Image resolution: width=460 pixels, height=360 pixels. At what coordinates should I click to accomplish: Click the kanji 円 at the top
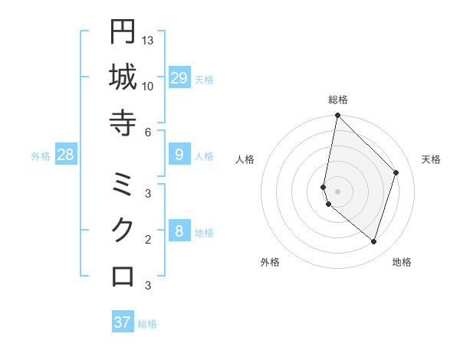point(123,32)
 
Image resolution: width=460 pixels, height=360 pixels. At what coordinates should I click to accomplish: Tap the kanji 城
point(123,77)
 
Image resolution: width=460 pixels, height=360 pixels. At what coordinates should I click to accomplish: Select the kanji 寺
point(123,123)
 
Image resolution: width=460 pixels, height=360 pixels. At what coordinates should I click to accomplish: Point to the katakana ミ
point(123,185)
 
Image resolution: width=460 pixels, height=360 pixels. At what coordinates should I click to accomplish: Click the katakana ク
point(123,231)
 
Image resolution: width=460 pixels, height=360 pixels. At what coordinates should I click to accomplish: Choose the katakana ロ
point(123,277)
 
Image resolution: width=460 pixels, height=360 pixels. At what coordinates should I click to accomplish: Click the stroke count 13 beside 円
point(148,40)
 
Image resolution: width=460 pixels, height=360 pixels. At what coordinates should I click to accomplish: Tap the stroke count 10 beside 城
point(148,86)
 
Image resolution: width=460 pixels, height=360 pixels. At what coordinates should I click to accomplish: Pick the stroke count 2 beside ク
point(147,239)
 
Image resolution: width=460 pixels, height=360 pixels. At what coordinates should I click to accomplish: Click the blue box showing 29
point(179,78)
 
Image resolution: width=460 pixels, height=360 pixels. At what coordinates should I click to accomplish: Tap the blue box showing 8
point(179,231)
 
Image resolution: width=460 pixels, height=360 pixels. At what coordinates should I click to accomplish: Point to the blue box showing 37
point(123,322)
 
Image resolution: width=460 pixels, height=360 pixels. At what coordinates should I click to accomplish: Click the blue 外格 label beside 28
point(41,156)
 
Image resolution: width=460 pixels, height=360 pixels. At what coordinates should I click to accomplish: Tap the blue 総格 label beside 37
point(148,324)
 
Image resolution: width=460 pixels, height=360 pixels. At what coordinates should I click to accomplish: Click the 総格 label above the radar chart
point(337,100)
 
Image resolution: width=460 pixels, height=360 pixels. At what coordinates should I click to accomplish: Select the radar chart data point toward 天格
point(396,172)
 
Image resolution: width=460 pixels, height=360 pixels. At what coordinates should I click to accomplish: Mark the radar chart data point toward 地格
point(373,241)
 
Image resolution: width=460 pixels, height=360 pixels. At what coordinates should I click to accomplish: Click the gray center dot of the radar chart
point(337,191)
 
